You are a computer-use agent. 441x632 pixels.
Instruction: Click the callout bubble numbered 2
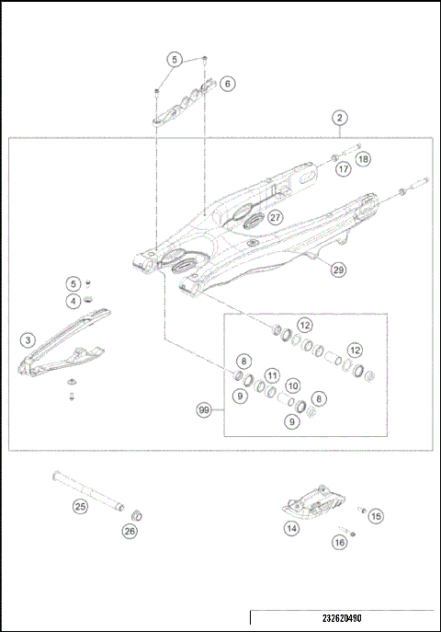click(340, 118)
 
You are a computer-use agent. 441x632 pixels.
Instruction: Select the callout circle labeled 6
click(228, 83)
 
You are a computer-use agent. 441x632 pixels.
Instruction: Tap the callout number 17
click(343, 169)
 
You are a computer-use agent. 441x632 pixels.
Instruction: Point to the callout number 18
click(364, 159)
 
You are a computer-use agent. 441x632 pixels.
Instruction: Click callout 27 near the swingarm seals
click(275, 218)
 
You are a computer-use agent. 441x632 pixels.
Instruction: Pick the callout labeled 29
click(338, 270)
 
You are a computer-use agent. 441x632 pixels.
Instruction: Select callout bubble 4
click(73, 301)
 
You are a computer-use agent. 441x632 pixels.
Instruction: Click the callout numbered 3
click(28, 339)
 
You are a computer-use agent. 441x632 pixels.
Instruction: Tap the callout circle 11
click(272, 374)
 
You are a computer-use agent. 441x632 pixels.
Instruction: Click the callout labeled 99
click(204, 409)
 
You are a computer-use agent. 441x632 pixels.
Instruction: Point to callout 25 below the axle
click(81, 505)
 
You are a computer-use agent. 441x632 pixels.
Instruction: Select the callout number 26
click(130, 530)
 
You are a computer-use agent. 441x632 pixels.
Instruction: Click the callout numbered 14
click(291, 529)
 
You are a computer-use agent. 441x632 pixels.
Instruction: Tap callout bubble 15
click(376, 517)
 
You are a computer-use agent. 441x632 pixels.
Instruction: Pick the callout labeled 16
click(339, 543)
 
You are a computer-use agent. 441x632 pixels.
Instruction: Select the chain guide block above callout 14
click(315, 501)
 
